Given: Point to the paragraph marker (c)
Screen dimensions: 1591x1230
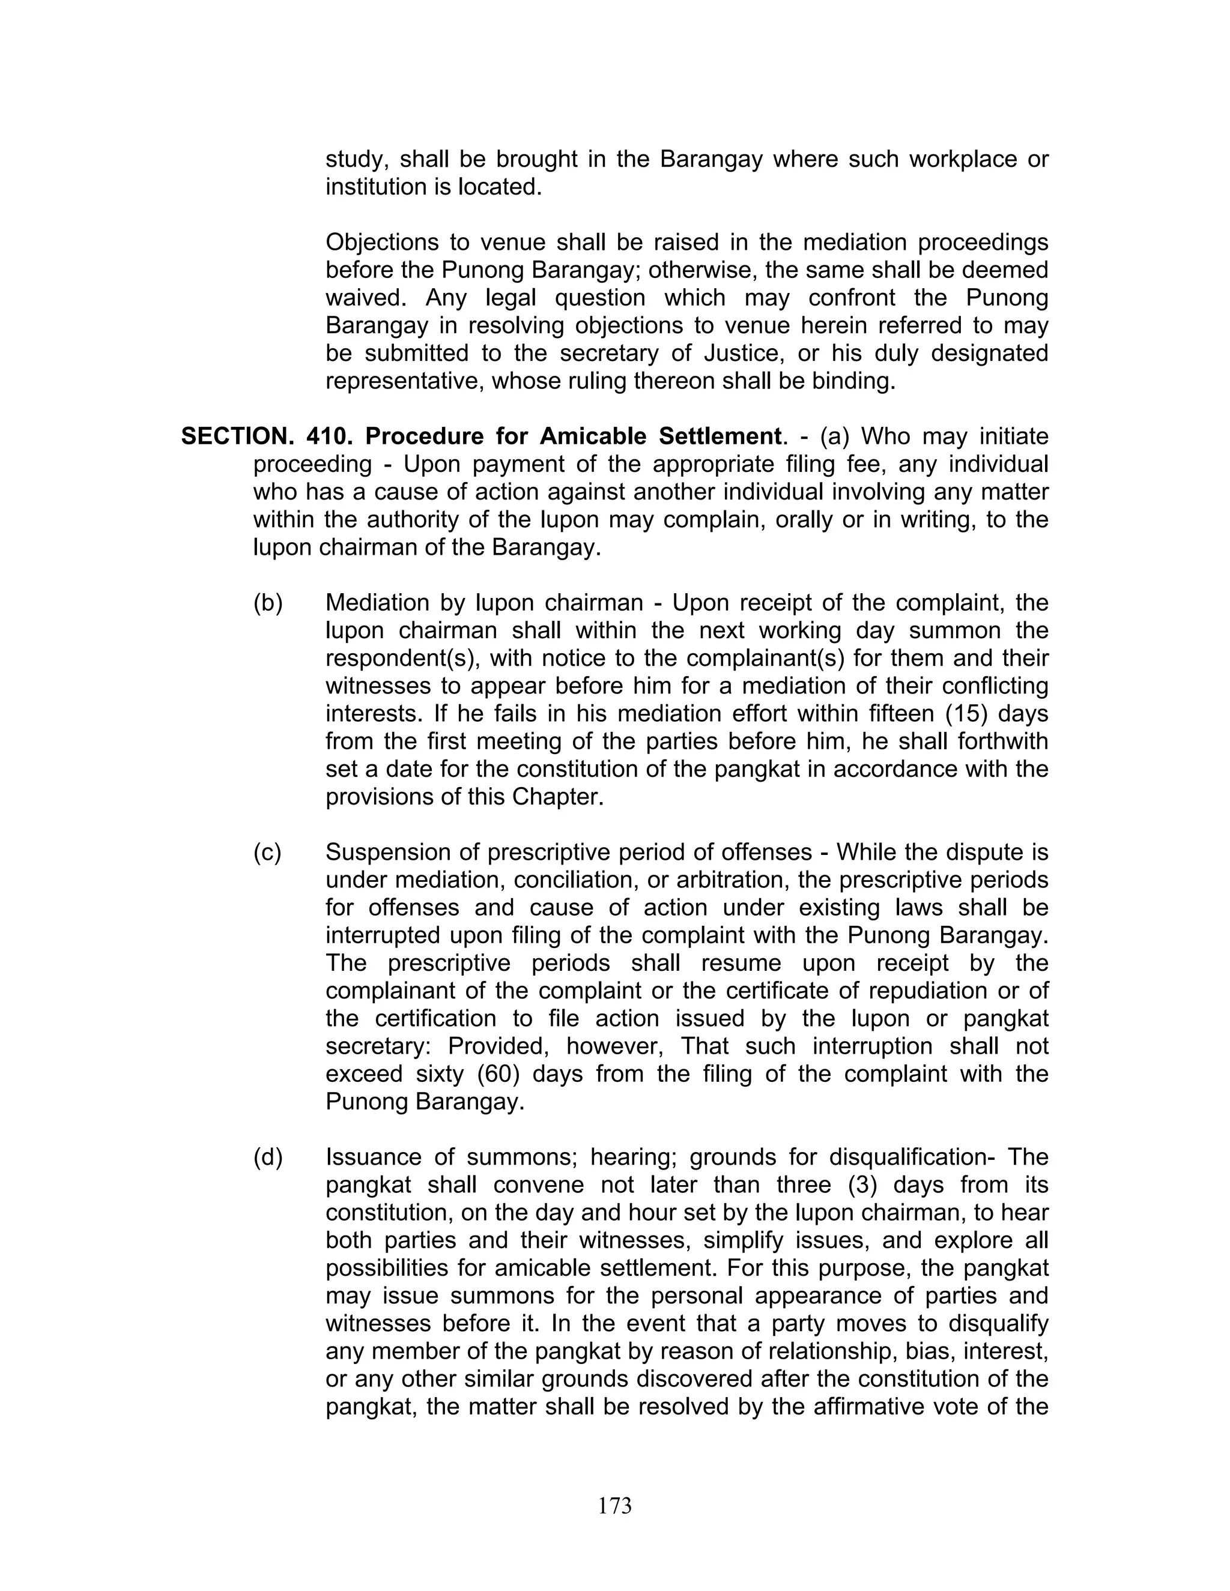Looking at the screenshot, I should pyautogui.click(x=267, y=853).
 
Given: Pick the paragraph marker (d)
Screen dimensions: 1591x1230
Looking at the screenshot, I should pyautogui.click(x=267, y=1158).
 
